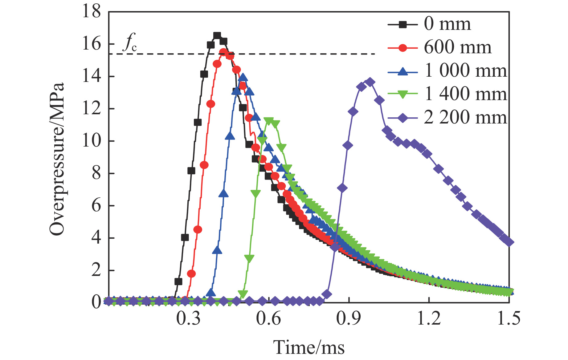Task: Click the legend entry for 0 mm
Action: (447, 24)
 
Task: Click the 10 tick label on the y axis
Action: (92, 141)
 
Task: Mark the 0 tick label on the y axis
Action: (96, 302)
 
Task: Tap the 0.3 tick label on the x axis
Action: (188, 318)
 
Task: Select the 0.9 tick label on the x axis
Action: (349, 318)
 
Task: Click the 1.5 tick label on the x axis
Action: (509, 318)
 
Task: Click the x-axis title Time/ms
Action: (309, 347)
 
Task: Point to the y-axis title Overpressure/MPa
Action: (57, 159)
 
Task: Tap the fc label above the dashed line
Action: (129, 43)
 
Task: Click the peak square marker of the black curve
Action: (217, 36)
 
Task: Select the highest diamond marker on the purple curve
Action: (370, 82)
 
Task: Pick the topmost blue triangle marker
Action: (243, 77)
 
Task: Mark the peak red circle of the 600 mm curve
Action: (223, 52)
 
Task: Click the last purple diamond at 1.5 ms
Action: (509, 242)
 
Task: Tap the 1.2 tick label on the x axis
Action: (429, 318)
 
